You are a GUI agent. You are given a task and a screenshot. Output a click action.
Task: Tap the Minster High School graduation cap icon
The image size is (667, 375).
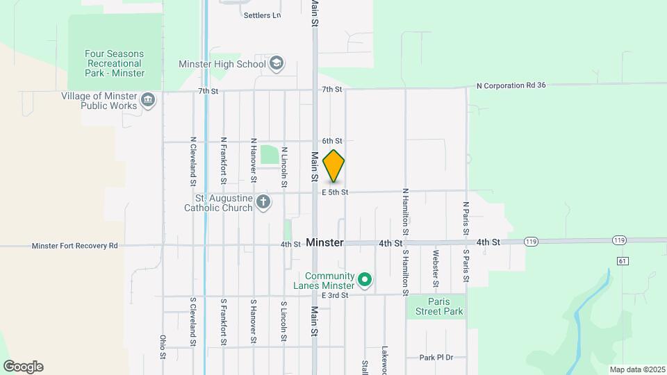277,64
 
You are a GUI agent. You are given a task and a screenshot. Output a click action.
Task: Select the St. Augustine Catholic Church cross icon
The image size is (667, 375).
263,202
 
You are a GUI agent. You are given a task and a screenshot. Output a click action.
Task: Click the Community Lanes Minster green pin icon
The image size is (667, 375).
365,281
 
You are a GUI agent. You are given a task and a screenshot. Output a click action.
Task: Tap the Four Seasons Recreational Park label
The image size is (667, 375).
115,63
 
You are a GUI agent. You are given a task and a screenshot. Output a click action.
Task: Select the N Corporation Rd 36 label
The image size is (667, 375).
511,85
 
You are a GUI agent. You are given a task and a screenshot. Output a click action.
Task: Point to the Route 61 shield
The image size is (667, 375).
623,260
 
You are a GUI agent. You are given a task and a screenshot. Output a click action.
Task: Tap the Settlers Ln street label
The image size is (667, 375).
262,15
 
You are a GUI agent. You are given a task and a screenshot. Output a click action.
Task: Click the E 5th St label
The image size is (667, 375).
335,192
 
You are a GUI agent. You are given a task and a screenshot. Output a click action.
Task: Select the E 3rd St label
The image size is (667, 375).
334,295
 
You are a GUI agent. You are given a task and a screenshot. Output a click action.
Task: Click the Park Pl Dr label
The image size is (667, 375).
436,357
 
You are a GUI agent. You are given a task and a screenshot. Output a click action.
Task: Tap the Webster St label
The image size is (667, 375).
436,268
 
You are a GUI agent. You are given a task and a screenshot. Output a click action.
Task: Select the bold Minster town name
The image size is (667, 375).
324,243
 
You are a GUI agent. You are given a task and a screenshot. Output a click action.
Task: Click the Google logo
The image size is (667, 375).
23,367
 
